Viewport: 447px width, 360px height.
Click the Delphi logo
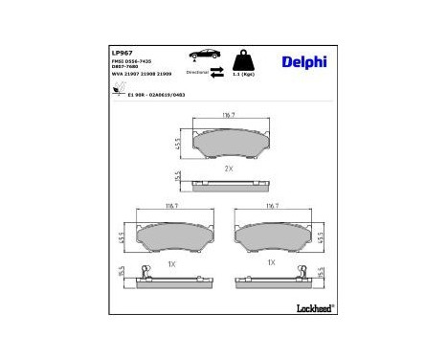(x=304, y=62)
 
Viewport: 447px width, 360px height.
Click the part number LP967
(x=122, y=52)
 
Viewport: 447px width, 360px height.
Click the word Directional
(x=197, y=72)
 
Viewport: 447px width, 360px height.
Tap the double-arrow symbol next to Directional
(x=217, y=72)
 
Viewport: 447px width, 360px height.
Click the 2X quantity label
(x=229, y=169)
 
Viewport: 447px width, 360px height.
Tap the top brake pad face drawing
(x=229, y=143)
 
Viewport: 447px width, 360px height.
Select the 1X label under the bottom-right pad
(x=271, y=261)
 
